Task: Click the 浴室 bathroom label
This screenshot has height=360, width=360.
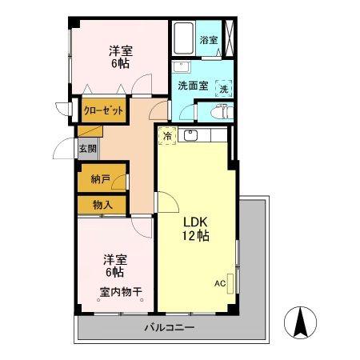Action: [209, 41]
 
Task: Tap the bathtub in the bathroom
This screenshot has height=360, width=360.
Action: [183, 38]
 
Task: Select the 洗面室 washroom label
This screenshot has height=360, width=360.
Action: [193, 86]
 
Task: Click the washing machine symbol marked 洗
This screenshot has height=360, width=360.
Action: [224, 89]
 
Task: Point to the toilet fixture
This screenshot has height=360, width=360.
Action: [222, 112]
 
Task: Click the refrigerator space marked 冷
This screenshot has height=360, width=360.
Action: [167, 136]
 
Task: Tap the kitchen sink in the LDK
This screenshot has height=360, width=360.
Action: [190, 135]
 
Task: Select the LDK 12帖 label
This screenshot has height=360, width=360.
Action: [195, 229]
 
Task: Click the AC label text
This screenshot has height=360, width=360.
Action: [220, 283]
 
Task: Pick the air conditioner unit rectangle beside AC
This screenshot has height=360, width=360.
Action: [230, 284]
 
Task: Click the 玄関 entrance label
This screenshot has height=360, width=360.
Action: [87, 148]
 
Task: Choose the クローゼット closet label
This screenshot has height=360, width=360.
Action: [104, 110]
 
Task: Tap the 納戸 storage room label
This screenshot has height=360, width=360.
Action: [101, 178]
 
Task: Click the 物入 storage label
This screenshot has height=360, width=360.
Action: [102, 205]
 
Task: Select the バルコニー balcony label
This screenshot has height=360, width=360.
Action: [170, 327]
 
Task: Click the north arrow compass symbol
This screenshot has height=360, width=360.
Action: [301, 322]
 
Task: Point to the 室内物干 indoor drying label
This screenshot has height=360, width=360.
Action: [121, 292]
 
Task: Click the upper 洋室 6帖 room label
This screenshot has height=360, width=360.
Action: [121, 58]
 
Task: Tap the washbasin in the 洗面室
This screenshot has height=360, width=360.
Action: [181, 66]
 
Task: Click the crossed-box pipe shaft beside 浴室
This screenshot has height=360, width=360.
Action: [228, 38]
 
